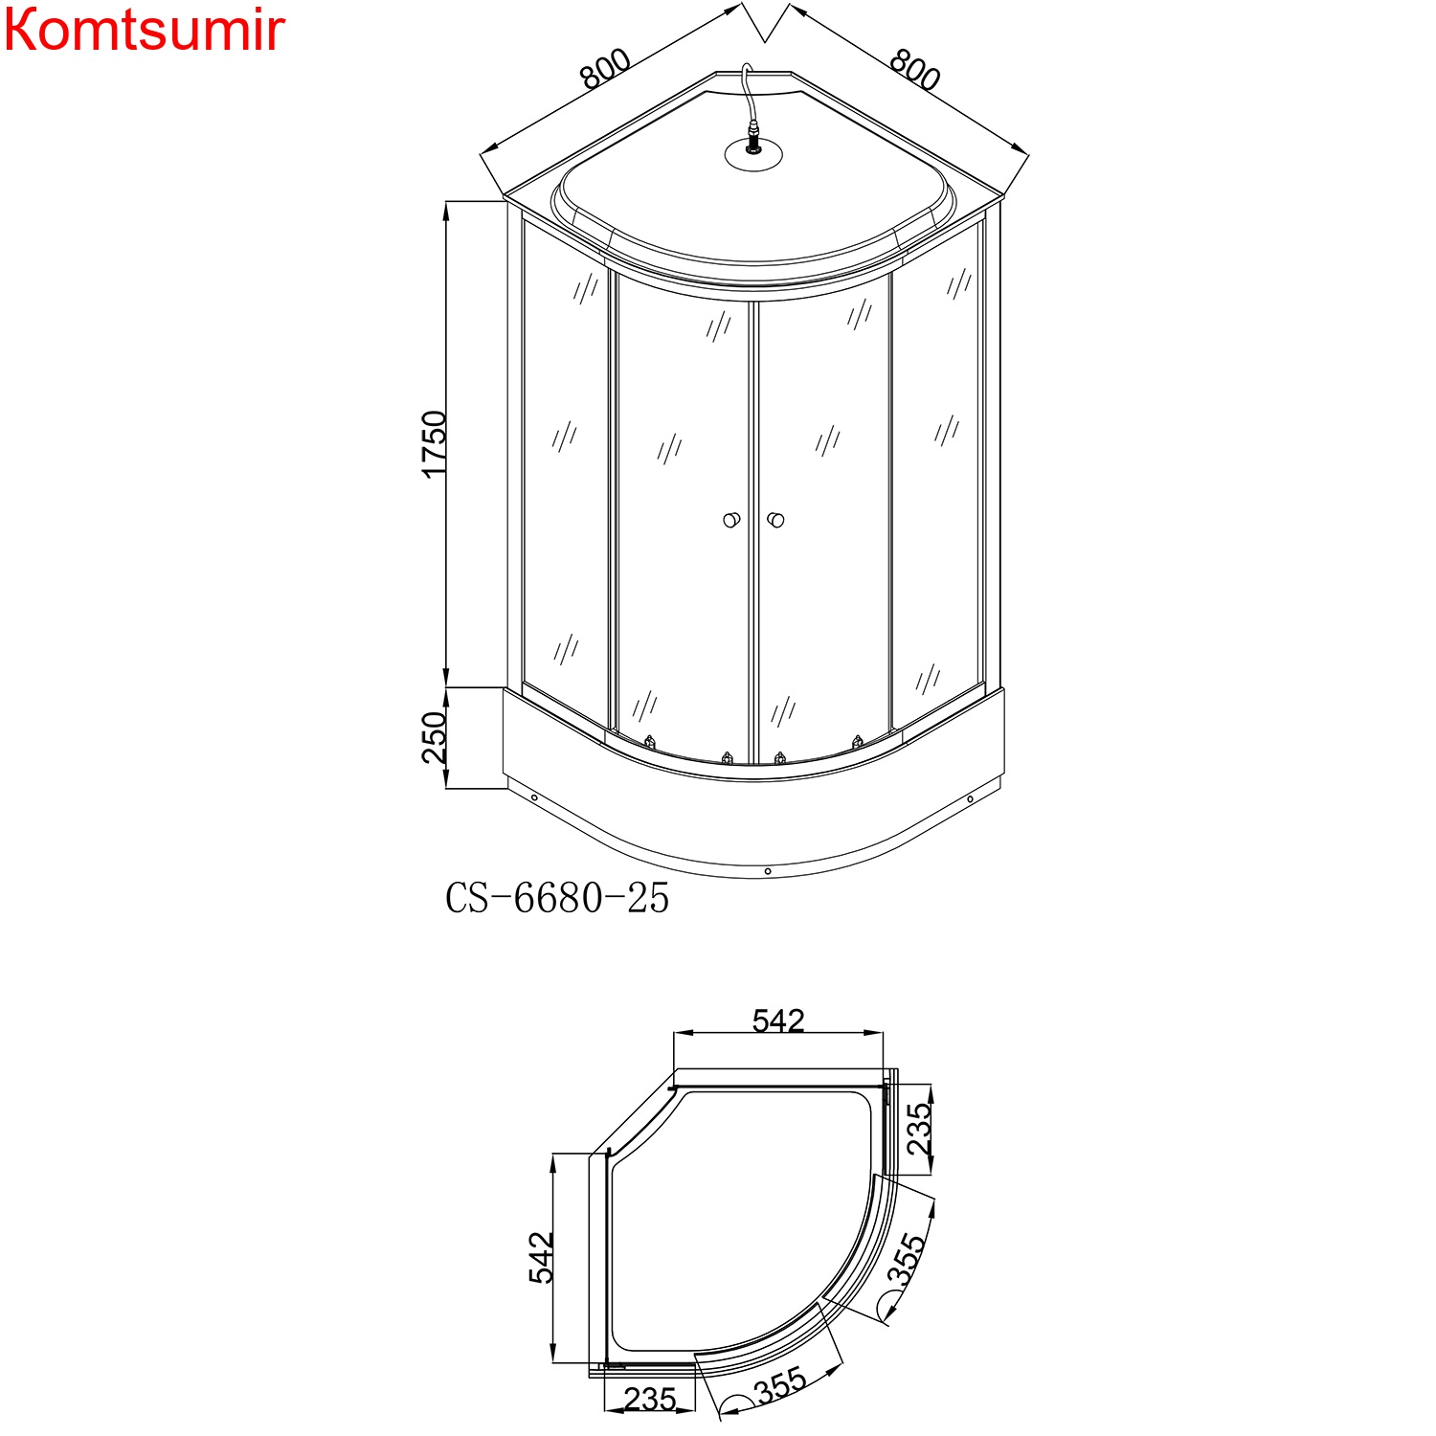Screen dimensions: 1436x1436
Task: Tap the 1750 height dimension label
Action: pyautogui.click(x=435, y=444)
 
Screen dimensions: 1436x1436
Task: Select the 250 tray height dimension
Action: pyautogui.click(x=435, y=737)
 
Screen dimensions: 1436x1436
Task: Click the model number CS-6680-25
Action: pyautogui.click(x=557, y=899)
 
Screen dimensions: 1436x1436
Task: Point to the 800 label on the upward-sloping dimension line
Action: pyautogui.click(x=605, y=69)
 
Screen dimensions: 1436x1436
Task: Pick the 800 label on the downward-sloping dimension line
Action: pyautogui.click(x=915, y=69)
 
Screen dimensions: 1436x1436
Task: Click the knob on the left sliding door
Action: pyautogui.click(x=731, y=520)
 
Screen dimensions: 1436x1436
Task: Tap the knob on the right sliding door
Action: pyautogui.click(x=776, y=520)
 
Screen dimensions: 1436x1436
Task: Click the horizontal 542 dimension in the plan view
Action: pyautogui.click(x=778, y=1021)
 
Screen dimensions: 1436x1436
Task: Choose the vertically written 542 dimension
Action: pyautogui.click(x=542, y=1258)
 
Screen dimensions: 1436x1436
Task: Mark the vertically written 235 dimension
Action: pyautogui.click(x=918, y=1129)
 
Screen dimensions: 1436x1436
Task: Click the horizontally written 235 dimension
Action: pyautogui.click(x=650, y=1400)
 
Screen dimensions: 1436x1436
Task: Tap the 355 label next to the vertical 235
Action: pyautogui.click(x=906, y=1260)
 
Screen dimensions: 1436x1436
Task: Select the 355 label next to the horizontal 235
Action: pyautogui.click(x=781, y=1386)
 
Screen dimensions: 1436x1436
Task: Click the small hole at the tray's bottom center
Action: pyautogui.click(x=768, y=871)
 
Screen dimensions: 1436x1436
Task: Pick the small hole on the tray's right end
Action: pyautogui.click(x=970, y=799)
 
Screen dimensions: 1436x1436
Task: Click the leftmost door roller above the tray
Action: pyautogui.click(x=650, y=742)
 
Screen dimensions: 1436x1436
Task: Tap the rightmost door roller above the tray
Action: pyautogui.click(x=858, y=742)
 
